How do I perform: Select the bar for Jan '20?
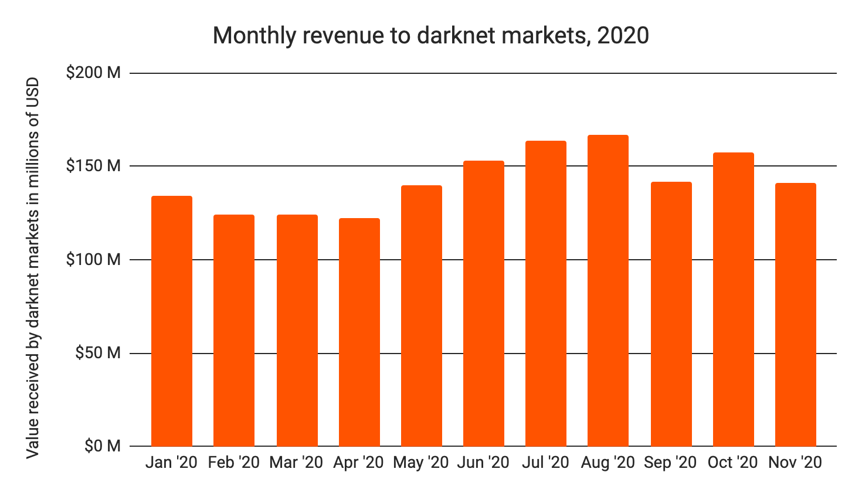(x=172, y=321)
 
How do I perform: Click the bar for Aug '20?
(x=608, y=291)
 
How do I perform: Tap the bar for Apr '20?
(x=359, y=332)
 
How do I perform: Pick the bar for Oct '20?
(x=733, y=300)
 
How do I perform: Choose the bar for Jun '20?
(x=483, y=304)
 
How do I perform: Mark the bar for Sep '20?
(x=671, y=314)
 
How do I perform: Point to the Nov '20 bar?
(x=795, y=315)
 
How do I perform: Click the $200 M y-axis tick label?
(x=93, y=73)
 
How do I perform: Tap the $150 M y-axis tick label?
(x=93, y=166)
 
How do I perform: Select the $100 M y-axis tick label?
(x=93, y=260)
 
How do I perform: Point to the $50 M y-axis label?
(x=97, y=354)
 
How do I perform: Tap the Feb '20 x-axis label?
(x=233, y=463)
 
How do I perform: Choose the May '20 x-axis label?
(x=420, y=463)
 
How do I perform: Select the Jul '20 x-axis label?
(x=545, y=463)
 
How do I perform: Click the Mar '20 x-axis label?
(x=296, y=463)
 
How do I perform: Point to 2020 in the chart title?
(x=623, y=36)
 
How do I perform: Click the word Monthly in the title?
(x=254, y=36)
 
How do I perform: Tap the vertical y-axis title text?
(x=33, y=268)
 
